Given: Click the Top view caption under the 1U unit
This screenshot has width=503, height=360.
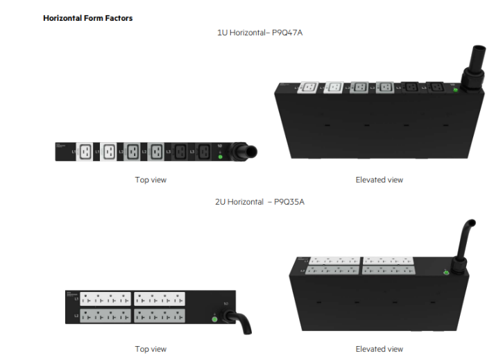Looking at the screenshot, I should tap(151, 180).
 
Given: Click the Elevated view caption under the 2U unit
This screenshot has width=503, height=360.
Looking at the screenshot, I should tap(379, 349).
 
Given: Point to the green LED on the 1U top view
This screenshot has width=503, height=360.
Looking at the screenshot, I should tap(220, 157).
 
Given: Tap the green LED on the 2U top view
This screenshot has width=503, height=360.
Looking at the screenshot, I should tap(215, 319).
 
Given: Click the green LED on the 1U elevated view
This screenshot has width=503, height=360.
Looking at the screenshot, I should tap(454, 92).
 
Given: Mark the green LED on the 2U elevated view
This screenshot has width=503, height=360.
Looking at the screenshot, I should tap(445, 273).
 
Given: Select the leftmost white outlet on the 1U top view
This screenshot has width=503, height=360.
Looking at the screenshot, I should tap(85, 151).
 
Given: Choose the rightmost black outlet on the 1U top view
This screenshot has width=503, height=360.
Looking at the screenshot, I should tap(204, 151).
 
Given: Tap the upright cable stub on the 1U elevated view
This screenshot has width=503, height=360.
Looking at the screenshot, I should tap(478, 60).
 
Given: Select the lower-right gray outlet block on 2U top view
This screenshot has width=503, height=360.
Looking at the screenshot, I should tap(160, 315).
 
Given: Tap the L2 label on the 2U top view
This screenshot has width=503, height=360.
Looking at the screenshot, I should tap(76, 315).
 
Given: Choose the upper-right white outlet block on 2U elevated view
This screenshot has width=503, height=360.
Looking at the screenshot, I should tap(389, 262).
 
